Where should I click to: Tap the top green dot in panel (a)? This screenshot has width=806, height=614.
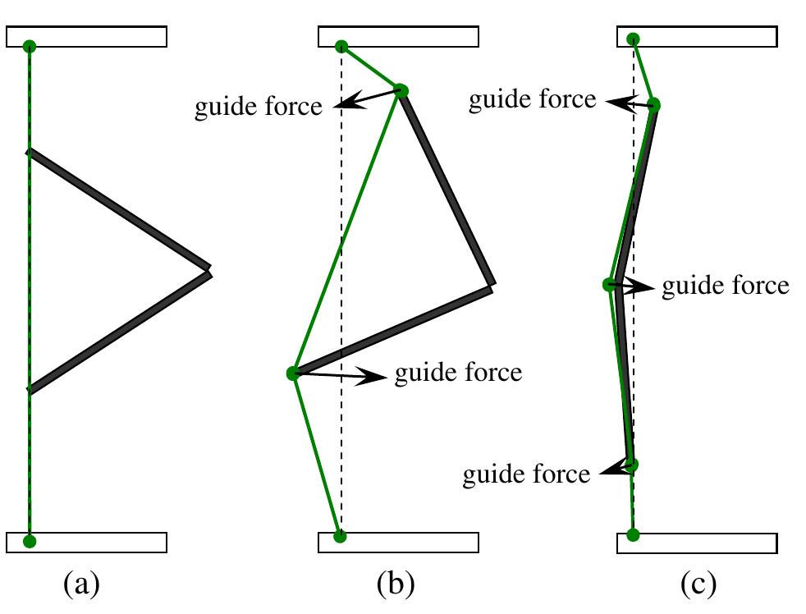click(30, 46)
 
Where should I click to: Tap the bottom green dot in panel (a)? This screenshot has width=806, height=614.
click(30, 541)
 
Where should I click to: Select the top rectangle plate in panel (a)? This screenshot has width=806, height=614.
click(86, 37)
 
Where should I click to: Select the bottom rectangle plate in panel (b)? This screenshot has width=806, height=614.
click(398, 542)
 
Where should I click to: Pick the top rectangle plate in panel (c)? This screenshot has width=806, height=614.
click(696, 37)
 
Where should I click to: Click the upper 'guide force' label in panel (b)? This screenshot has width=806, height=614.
click(258, 108)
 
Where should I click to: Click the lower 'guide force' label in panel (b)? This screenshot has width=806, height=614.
click(458, 373)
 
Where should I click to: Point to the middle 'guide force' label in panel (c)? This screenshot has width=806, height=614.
click(725, 286)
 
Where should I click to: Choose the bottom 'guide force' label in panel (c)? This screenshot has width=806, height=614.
click(526, 474)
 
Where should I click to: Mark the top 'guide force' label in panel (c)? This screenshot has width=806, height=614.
click(531, 100)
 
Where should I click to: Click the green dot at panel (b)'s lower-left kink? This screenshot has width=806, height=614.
click(293, 373)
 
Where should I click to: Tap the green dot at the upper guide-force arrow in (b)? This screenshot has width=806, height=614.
click(401, 90)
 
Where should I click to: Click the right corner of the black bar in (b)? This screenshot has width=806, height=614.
click(492, 284)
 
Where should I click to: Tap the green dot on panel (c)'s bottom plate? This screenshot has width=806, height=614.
click(632, 535)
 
